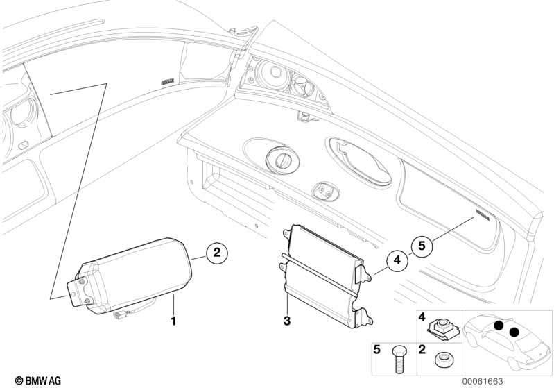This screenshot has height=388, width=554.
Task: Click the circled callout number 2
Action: coord(216,253)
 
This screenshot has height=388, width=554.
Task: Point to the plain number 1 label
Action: coord(174,321)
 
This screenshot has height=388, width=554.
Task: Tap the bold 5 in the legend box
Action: coord(378,350)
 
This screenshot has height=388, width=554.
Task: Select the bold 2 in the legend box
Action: coord(422,350)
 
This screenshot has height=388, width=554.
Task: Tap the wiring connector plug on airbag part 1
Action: coord(119,319)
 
